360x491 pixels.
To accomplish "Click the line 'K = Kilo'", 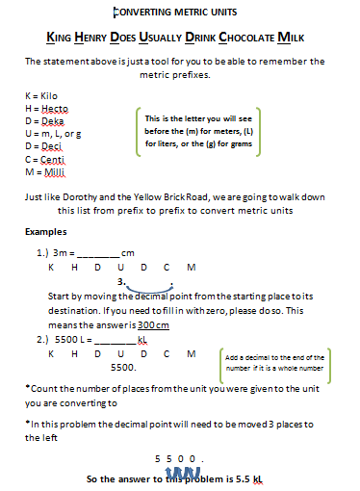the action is click(42, 97).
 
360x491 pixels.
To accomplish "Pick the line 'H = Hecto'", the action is click(45, 110).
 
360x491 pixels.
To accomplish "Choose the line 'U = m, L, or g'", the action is click(53, 135).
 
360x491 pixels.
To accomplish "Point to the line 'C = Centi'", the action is click(44, 160).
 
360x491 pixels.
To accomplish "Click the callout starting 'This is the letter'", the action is click(203, 130).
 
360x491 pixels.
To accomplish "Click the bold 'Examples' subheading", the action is click(46, 232).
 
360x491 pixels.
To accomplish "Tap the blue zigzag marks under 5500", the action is click(183, 473).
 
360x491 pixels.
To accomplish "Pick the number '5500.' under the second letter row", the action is click(123, 367).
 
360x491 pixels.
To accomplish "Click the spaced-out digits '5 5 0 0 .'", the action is click(181, 458).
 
